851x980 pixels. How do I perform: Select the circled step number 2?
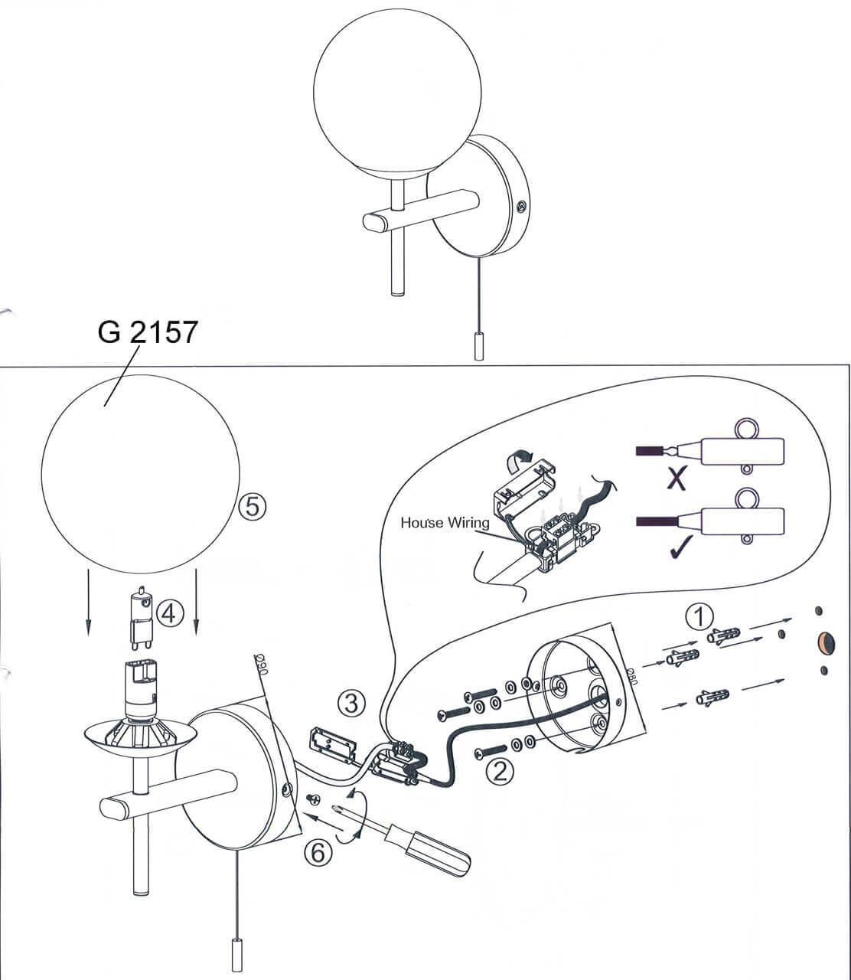500,769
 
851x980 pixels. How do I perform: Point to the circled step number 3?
351,702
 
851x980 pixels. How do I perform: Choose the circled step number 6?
318,851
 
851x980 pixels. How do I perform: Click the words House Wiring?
445,523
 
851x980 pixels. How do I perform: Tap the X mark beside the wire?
676,479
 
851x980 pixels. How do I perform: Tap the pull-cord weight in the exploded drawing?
235,952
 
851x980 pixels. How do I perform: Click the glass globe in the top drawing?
398,96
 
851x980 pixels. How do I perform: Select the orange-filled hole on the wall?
827,642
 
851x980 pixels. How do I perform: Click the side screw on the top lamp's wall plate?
522,205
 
